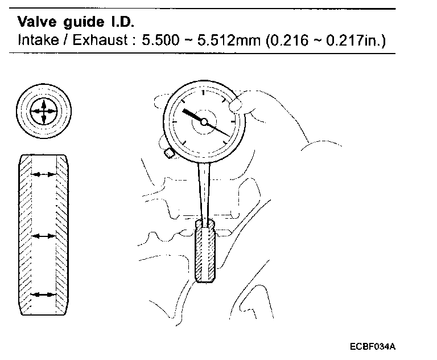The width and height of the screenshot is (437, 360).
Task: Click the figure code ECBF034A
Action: tap(373, 346)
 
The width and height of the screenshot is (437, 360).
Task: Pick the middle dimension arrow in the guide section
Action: tap(44, 235)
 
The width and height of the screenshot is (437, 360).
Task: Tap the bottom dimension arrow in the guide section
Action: tap(44, 294)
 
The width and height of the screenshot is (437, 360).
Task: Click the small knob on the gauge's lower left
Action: tap(168, 153)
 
